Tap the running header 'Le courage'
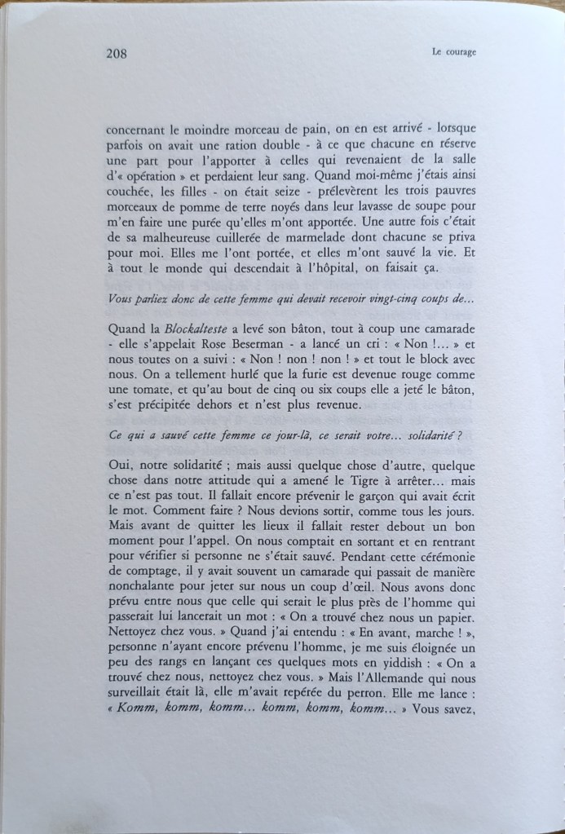453,54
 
